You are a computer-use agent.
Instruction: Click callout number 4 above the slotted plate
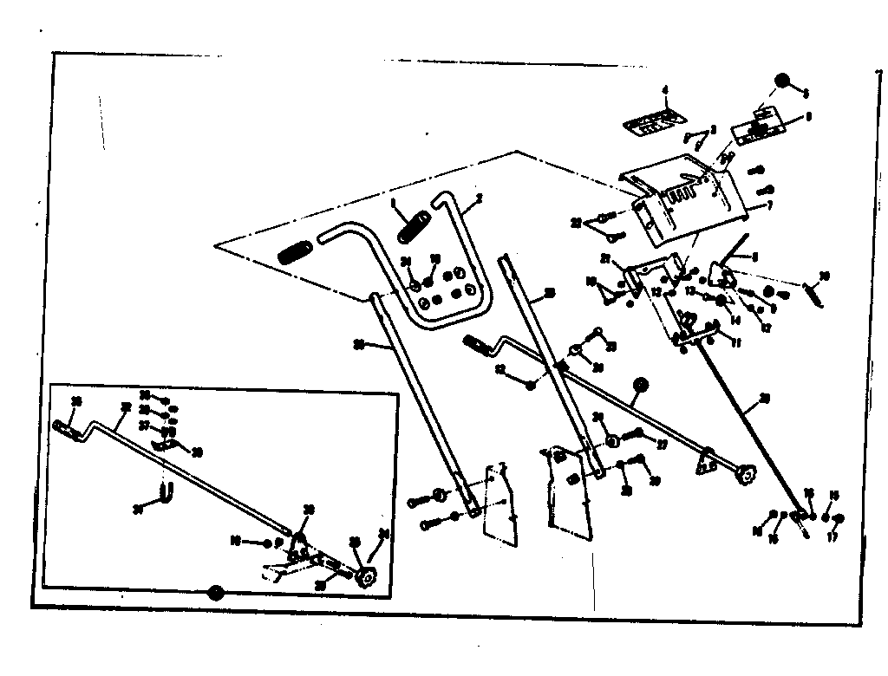point(665,90)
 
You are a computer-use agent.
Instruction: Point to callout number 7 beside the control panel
point(769,207)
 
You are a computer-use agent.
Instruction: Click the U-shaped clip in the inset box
point(166,497)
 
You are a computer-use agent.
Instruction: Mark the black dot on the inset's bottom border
point(215,593)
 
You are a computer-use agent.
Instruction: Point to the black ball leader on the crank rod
point(641,384)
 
